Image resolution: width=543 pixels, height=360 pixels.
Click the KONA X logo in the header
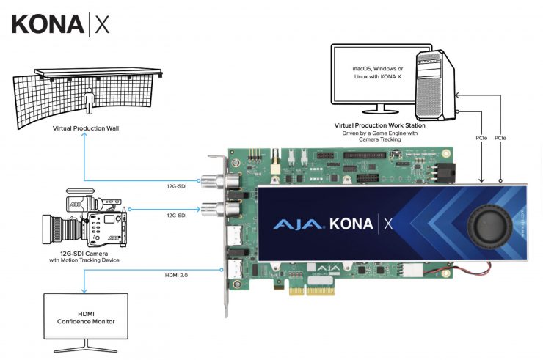pyautogui.click(x=61, y=23)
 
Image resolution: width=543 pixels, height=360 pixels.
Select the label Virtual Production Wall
pyautogui.click(x=85, y=128)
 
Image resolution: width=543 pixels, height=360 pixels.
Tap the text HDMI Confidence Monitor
pyautogui.click(x=85, y=317)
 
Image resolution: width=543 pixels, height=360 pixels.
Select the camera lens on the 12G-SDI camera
pyautogui.click(x=57, y=229)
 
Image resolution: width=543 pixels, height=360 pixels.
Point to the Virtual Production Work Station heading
pyautogui.click(x=379, y=125)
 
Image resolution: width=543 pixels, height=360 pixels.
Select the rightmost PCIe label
pyautogui.click(x=500, y=137)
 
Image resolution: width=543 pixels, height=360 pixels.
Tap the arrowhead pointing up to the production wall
pyautogui.click(x=85, y=139)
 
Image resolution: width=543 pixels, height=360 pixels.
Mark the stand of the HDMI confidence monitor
pyautogui.click(x=85, y=347)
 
